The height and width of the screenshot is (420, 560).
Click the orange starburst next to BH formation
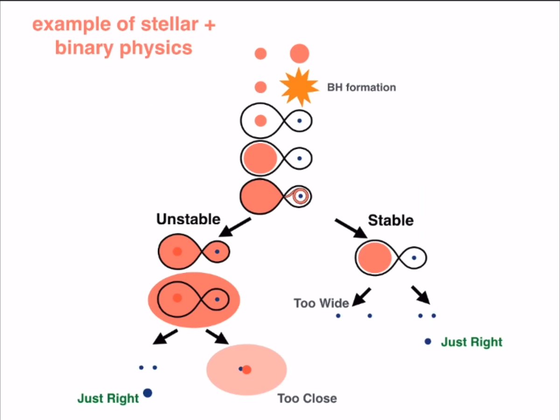pos(298,87)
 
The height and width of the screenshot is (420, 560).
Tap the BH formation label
pos(361,87)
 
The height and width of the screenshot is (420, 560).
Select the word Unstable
pos(188,219)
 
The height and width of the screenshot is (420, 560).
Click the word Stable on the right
pos(391,220)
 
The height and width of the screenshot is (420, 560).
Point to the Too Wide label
pos(321,303)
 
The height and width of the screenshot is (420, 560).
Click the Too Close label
pos(307,399)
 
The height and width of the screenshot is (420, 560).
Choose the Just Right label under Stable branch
pos(471,342)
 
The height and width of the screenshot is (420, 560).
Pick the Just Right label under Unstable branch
pos(108,399)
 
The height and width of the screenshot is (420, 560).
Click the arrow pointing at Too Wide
pos(362,296)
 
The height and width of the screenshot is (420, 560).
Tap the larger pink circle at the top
pos(299,54)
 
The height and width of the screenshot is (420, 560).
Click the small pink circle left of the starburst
pos(260,87)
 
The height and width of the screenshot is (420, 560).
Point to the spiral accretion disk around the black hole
pos(299,196)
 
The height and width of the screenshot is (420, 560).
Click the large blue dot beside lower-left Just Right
pos(147,393)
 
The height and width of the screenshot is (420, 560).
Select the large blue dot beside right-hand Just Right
pos(428,342)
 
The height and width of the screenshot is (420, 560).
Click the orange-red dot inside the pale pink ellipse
pos(247,370)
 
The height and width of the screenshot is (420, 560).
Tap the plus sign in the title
pos(210,25)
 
